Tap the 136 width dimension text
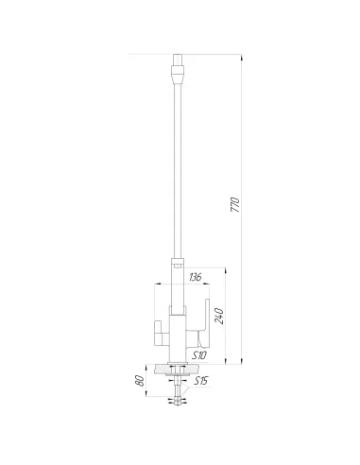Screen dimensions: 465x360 coord(195,277)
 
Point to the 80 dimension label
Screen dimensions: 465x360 coord(139,381)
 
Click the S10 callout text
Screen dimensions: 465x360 coord(199,354)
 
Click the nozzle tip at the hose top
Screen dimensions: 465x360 coord(178,60)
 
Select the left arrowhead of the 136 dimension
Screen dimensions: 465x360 coord(156,284)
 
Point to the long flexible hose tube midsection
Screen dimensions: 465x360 coord(178,161)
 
